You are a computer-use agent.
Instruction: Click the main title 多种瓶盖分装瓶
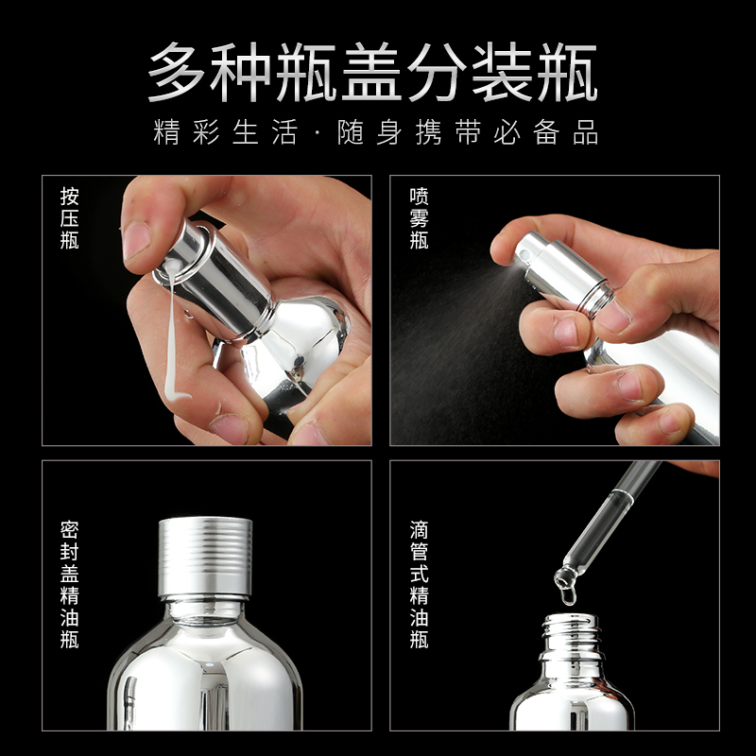click(372, 72)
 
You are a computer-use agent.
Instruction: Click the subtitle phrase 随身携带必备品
click(468, 131)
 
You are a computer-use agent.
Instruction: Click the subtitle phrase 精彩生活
click(225, 131)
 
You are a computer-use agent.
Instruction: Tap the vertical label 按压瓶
click(69, 218)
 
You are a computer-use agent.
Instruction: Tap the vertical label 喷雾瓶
click(419, 218)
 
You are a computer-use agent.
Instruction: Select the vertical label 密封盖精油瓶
click(69, 584)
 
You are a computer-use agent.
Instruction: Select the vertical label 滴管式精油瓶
click(419, 584)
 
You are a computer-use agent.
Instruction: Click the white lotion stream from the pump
click(172, 333)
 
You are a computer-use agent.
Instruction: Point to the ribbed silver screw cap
click(205, 557)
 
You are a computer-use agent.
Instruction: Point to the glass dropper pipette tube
click(609, 524)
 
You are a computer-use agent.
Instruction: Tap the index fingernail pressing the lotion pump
click(136, 241)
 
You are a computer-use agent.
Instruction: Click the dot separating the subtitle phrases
click(317, 132)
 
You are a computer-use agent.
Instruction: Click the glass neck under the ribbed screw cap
click(204, 610)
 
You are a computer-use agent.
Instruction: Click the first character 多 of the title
click(177, 72)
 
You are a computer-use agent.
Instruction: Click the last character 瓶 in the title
click(568, 72)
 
